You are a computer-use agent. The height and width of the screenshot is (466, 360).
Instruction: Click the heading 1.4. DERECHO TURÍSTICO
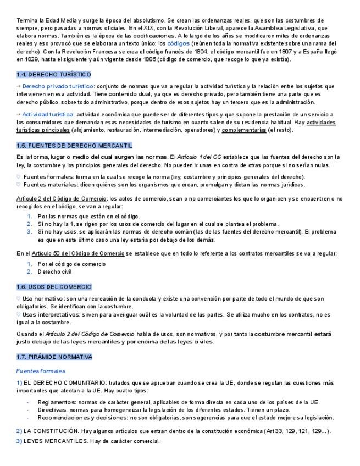click(54, 74)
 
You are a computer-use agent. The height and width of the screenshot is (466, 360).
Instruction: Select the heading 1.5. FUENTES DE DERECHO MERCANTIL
click(74, 146)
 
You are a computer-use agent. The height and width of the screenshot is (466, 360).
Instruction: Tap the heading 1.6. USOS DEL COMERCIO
click(54, 287)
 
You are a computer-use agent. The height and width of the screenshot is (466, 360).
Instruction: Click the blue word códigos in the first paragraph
click(179, 43)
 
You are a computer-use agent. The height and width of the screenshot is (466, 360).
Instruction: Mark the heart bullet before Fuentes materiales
click(19, 185)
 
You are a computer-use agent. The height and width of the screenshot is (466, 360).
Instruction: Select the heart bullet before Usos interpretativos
click(19, 315)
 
